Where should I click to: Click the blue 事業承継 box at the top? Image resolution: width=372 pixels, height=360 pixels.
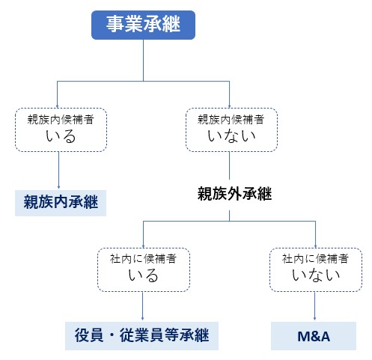pos(143,25)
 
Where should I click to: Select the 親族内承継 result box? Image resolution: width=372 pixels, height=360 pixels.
pos(61,203)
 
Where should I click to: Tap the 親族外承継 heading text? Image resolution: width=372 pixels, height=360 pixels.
pos(234,194)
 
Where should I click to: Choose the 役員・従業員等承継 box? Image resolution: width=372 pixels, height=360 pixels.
pos(141,336)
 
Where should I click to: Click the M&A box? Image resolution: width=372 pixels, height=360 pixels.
pos(314,336)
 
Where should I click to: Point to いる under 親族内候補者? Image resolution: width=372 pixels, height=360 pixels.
pos(61,136)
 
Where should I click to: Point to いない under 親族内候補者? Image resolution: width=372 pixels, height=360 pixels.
pos(231,136)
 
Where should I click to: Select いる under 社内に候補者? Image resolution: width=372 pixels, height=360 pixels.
pos(143,275)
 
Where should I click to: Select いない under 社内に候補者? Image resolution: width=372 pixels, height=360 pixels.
pos(316,275)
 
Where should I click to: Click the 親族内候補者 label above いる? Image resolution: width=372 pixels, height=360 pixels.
pos(61,120)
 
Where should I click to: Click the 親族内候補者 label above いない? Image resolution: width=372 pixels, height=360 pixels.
pos(231,119)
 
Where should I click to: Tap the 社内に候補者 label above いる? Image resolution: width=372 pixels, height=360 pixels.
pos(143,259)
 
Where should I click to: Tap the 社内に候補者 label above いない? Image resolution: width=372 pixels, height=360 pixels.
pos(315,258)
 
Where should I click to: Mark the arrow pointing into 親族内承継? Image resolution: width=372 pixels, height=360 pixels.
pos(58,170)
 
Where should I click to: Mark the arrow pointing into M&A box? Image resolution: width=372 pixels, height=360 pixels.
pos(314,306)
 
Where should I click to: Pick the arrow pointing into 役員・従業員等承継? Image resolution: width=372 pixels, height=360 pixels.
pos(143,306)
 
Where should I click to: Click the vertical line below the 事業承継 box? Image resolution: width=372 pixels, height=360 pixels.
pos(144,61)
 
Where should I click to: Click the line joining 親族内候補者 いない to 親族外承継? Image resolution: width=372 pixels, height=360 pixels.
pos(229,165)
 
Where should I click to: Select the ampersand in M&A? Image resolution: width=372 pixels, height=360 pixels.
pos(314,336)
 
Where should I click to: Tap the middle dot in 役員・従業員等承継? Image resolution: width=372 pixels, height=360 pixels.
pos(112,335)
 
